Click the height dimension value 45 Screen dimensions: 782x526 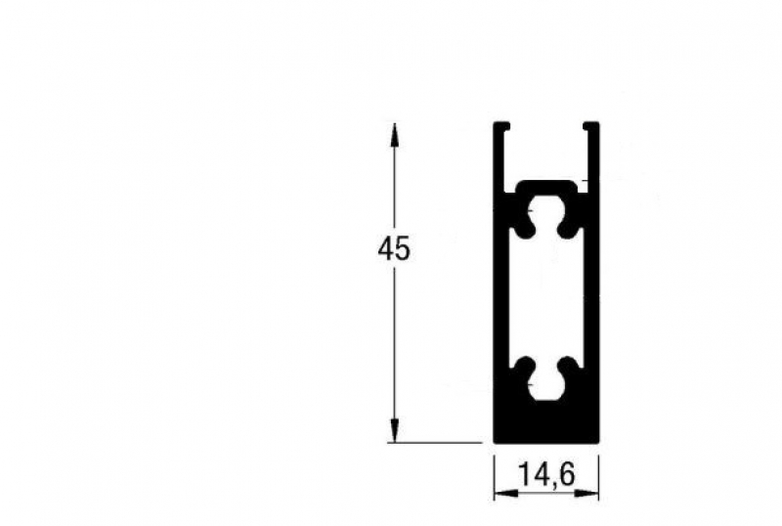pyautogui.click(x=394, y=249)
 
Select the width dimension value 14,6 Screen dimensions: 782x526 pyautogui.click(x=547, y=474)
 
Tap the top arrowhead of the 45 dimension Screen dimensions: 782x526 pyautogui.click(x=394, y=135)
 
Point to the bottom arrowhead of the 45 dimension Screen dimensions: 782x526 pyautogui.click(x=394, y=430)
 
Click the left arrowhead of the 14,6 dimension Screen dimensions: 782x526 pyautogui.click(x=505, y=494)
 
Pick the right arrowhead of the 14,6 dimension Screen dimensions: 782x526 pyautogui.click(x=586, y=494)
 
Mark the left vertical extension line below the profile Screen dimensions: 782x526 pyautogui.click(x=494, y=477)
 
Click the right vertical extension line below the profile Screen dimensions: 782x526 pyautogui.click(x=598, y=477)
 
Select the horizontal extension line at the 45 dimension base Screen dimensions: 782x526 pyautogui.click(x=435, y=442)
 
